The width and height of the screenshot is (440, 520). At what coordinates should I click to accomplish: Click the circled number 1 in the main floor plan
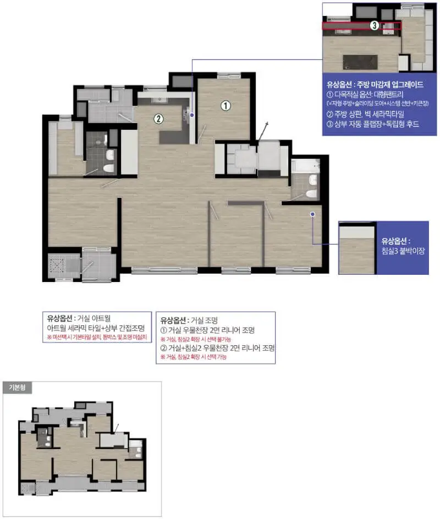point(225,106)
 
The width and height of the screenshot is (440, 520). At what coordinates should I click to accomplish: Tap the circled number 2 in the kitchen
point(158,118)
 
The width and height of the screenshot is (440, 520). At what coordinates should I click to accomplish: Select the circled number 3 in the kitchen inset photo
point(374,25)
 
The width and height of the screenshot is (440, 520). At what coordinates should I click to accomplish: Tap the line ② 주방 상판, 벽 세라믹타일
point(365,114)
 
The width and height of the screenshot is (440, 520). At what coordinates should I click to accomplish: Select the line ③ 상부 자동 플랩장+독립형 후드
point(373,124)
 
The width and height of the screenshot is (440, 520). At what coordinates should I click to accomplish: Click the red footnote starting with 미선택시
point(98,337)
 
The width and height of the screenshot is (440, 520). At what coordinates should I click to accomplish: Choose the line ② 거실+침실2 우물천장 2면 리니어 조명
point(217,348)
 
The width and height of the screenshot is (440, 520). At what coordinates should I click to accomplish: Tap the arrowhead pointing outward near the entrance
point(268,124)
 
